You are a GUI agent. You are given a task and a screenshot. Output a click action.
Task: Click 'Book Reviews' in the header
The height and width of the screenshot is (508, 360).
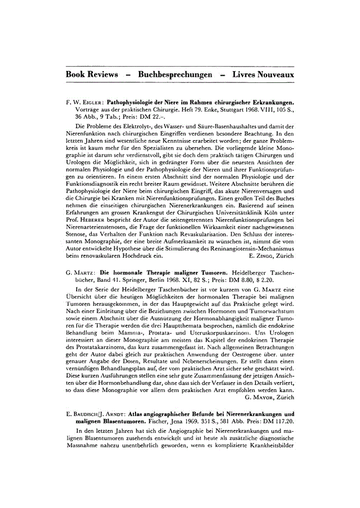(x=92, y=74)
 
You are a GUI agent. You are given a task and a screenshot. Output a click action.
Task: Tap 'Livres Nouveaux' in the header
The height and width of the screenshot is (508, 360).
(x=263, y=74)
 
